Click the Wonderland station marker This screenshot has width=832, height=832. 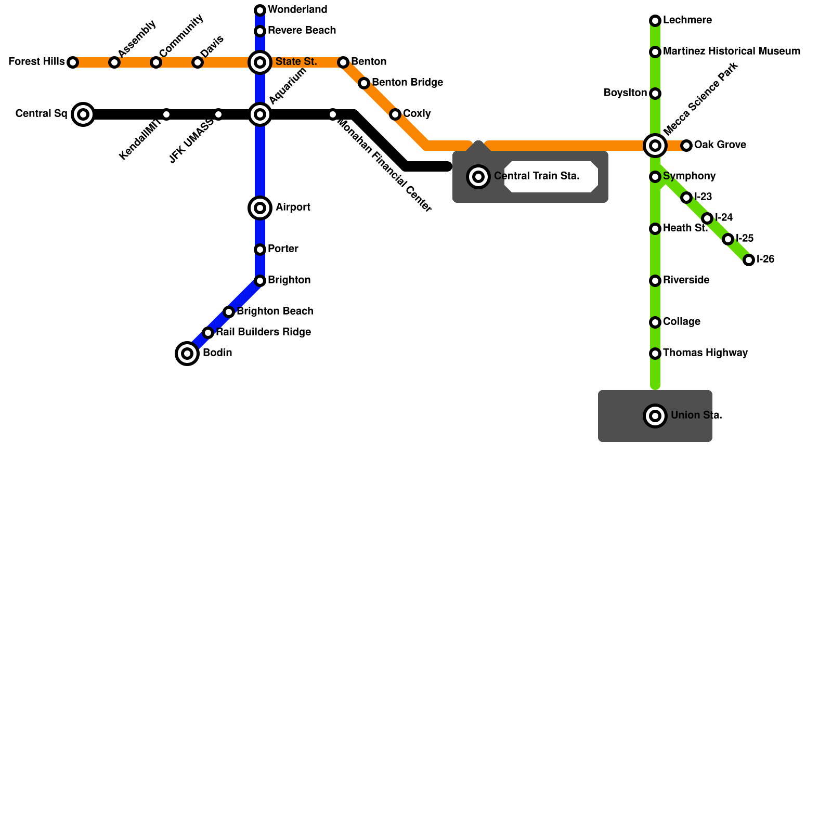260,10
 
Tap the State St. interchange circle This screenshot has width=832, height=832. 260,62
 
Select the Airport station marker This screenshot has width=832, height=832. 260,208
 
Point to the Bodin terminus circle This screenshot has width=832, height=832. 187,354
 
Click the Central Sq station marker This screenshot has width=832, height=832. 83,114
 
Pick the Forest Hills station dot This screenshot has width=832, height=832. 73,62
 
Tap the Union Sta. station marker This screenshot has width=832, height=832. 655,416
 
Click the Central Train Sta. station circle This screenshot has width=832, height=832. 478,177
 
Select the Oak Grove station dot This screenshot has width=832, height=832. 686,146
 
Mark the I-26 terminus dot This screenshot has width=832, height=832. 749,260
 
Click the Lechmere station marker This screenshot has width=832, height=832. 655,21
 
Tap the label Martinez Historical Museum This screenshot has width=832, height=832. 731,51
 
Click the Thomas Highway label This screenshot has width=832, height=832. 705,353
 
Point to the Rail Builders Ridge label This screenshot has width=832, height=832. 263,332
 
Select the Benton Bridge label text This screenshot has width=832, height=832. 407,83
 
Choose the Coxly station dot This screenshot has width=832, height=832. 395,114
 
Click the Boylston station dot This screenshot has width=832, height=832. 655,94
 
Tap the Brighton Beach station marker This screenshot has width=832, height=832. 229,312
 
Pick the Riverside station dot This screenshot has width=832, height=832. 655,281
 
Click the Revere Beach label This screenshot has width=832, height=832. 302,31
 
